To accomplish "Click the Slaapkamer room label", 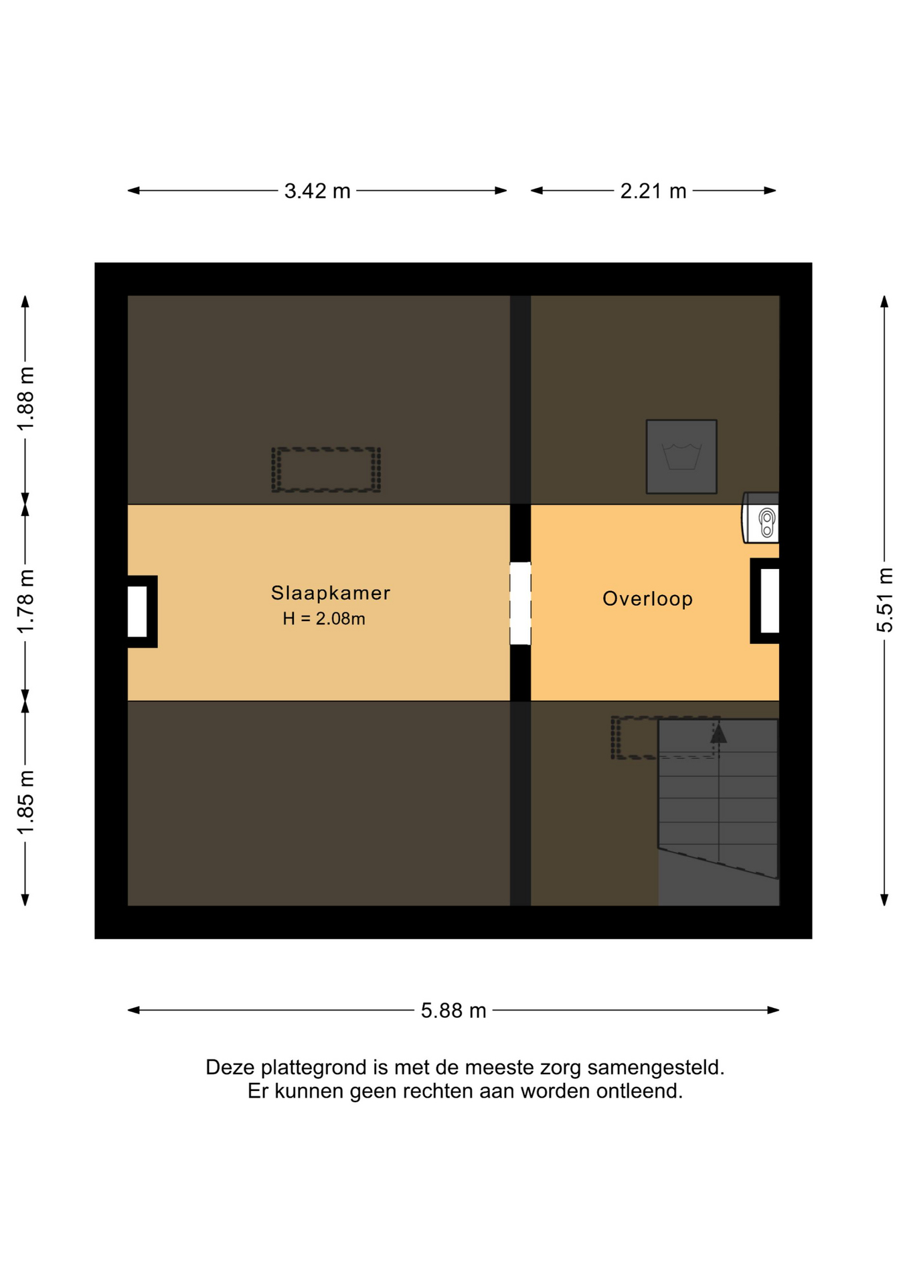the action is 330,592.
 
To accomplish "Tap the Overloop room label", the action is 647,598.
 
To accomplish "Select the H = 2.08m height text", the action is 324,618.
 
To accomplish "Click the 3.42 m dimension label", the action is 317,191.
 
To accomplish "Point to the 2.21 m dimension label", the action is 653,191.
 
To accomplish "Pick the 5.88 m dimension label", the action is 453,1010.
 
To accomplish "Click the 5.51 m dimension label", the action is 885,600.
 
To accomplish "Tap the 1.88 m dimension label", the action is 25,399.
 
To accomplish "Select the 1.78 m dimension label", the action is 25,601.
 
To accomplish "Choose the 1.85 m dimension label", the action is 25,802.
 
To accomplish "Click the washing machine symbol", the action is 681,456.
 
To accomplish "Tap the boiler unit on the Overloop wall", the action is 760,518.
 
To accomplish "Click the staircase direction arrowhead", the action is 718,734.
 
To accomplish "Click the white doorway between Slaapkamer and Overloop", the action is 520,603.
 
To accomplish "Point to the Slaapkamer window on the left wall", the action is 138,611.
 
